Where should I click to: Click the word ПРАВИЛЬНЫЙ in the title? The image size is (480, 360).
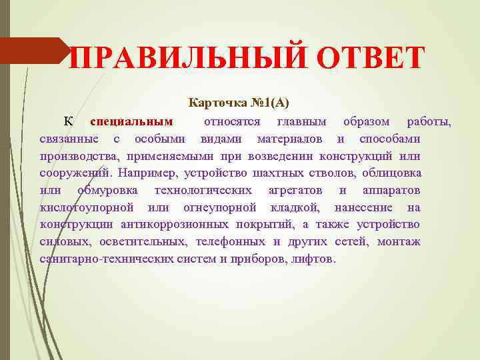(189, 57)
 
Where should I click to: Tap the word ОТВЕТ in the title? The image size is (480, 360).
(370, 57)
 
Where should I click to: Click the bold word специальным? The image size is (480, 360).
(131, 121)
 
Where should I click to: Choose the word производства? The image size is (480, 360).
(79, 156)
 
